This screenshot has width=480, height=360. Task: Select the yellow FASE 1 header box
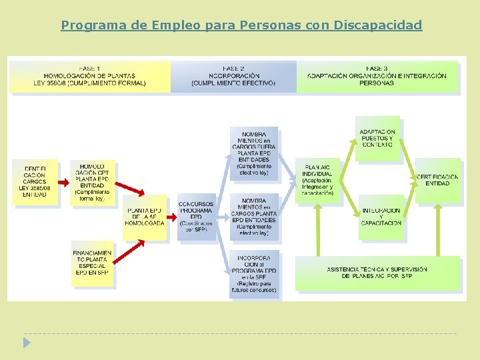click(89, 76)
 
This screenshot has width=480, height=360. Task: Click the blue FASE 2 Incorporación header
click(233, 76)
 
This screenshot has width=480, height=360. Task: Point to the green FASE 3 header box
click(377, 76)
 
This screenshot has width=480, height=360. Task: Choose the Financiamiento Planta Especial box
click(92, 263)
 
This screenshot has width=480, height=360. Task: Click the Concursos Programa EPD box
click(196, 217)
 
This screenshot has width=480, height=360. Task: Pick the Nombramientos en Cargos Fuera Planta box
click(253, 153)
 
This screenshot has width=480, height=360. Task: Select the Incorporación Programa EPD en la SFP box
click(253, 274)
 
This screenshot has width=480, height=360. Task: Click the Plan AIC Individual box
click(317, 180)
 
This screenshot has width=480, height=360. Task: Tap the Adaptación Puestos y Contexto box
click(377, 139)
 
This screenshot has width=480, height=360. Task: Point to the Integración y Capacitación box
click(381, 217)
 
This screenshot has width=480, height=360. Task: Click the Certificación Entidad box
click(437, 180)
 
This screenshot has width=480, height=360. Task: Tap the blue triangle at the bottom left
click(27, 343)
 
